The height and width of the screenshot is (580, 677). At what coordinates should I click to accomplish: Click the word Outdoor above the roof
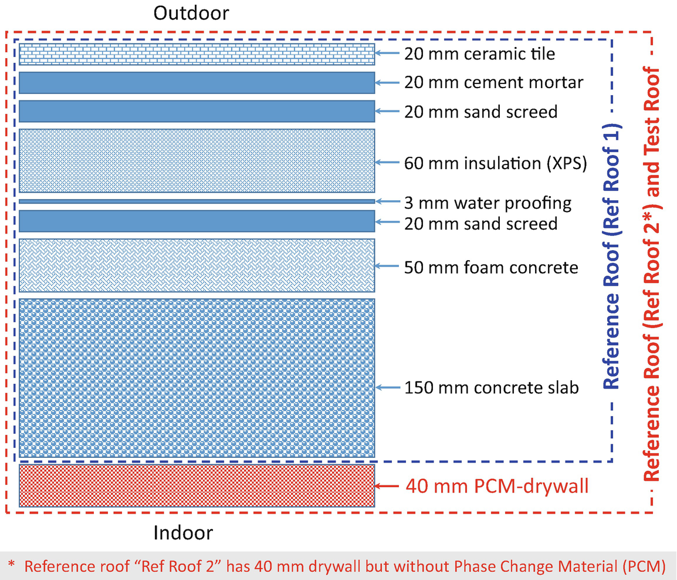pos(191,13)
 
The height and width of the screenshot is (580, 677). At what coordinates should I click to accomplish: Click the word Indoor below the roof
pos(183,533)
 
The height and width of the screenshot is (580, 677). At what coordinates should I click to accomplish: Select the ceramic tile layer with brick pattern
pos(197,54)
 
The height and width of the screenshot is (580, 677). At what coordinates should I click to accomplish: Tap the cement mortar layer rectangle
pos(197,83)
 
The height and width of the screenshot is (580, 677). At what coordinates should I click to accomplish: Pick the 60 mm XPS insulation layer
pos(197,161)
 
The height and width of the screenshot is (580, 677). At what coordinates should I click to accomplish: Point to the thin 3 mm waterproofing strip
pos(197,201)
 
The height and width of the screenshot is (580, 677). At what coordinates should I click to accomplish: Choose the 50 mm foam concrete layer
pos(197,265)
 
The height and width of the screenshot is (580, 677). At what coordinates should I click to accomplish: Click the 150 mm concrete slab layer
pos(197,377)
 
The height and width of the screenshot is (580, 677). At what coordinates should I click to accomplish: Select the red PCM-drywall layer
pos(197,485)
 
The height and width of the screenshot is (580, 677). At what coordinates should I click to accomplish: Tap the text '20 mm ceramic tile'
pos(480,54)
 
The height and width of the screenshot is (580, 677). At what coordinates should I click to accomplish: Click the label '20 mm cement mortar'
pos(493,83)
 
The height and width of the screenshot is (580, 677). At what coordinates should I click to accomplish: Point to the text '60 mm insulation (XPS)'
pos(496,163)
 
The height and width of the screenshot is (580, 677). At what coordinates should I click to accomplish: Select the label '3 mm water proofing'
pos(488,203)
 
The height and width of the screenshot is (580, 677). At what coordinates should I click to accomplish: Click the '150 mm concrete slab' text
pos(492,387)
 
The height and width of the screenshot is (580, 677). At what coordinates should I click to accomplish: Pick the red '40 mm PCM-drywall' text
pos(497,486)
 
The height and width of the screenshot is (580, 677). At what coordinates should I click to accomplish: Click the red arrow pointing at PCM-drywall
pos(387,486)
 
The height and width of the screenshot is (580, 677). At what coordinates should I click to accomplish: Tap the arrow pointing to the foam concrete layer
pos(387,266)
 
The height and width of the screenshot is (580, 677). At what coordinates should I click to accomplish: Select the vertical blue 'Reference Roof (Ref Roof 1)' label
pos(611,257)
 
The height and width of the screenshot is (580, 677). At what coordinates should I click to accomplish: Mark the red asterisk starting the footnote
pos(11,564)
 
